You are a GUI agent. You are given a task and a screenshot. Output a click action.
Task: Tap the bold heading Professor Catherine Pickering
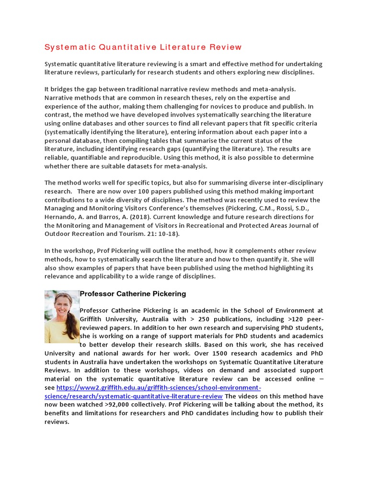click(133, 293)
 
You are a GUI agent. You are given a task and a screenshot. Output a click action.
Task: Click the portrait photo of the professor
click(62, 316)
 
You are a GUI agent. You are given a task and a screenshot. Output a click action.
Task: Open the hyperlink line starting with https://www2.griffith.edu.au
click(159, 387)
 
